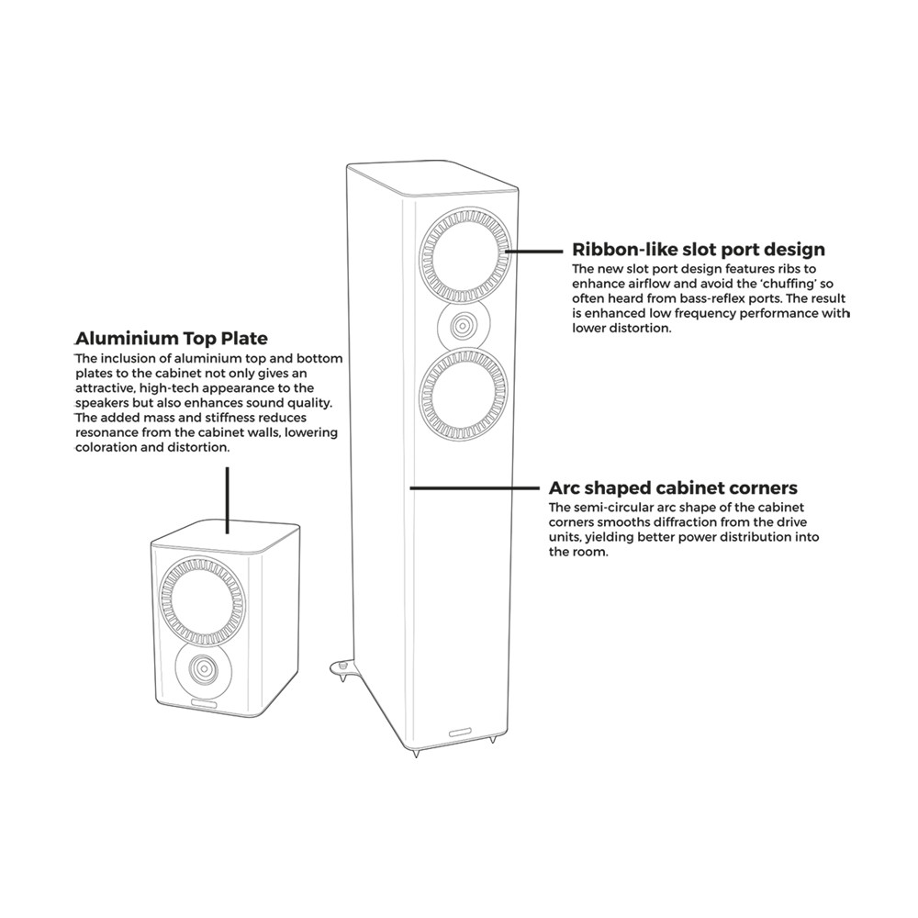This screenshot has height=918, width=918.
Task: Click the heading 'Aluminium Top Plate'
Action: click(x=171, y=338)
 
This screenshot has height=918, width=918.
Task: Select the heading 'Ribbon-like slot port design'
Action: click(x=699, y=249)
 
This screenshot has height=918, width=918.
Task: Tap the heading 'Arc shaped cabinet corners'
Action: click(x=673, y=487)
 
